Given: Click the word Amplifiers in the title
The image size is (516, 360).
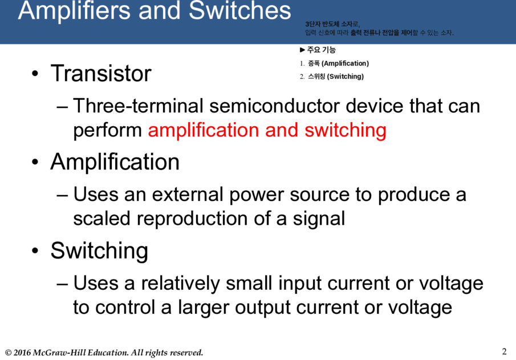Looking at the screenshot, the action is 74,10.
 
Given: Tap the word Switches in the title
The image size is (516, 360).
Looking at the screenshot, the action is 240,10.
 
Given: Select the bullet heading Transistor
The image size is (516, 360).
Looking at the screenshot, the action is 101,73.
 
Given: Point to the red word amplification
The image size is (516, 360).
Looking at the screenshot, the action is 204,130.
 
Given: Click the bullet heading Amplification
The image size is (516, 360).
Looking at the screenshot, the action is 115,161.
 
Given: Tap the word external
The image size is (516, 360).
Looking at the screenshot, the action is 188,195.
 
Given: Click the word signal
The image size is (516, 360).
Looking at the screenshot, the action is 319,219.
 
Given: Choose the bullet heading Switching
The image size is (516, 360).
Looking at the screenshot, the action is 99,251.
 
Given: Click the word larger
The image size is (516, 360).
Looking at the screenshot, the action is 203,308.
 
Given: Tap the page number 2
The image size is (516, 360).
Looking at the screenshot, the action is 504,351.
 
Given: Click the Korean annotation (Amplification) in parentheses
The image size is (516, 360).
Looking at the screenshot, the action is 345,63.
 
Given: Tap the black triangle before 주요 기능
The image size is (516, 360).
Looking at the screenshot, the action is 302,50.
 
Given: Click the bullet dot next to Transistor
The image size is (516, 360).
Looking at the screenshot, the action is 35,74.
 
